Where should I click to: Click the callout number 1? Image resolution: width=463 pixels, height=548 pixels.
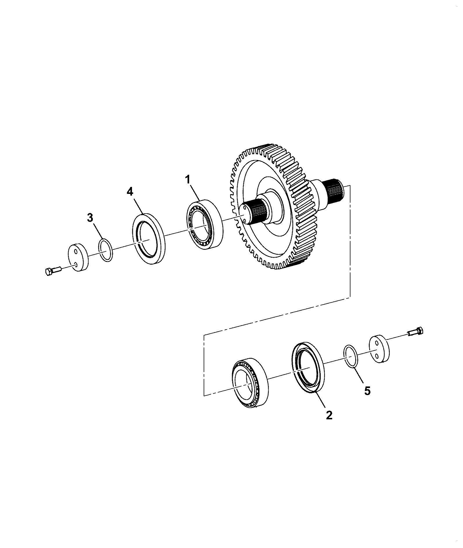pos(188,180)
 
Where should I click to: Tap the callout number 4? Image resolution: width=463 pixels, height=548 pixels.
pos(130,192)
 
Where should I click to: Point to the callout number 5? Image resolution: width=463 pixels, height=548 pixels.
pos(367,391)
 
